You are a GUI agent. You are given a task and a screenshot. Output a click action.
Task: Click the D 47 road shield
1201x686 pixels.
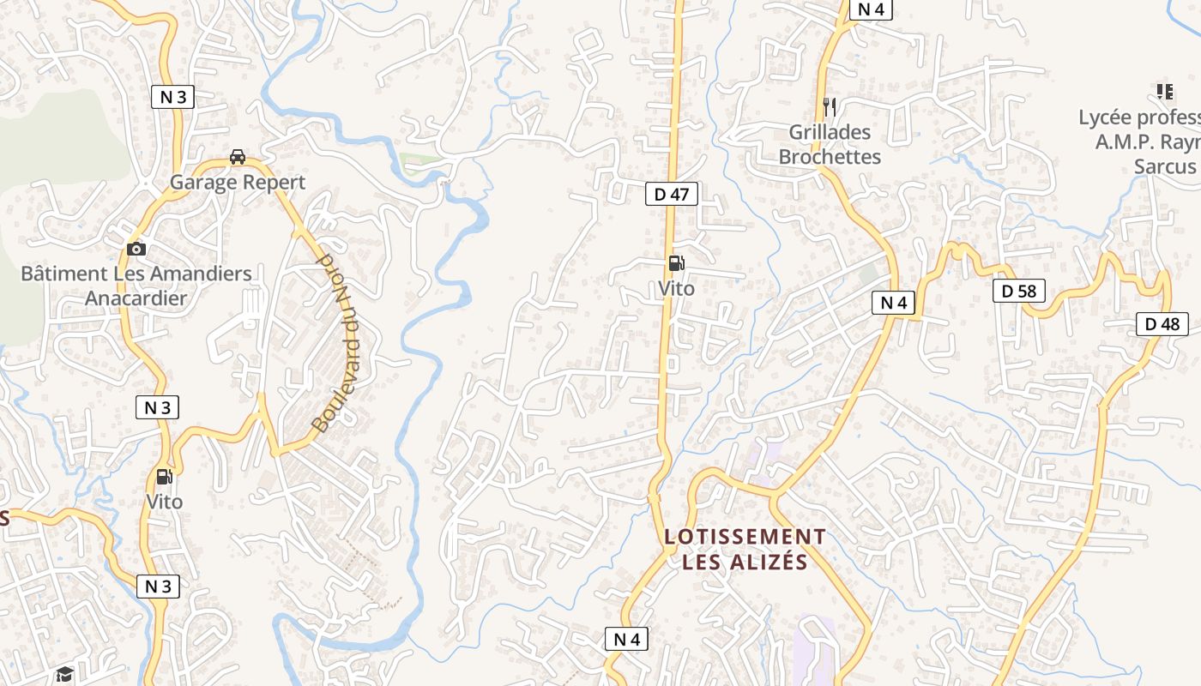point(671,195)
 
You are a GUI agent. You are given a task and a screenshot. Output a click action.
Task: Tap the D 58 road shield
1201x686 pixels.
point(1019,292)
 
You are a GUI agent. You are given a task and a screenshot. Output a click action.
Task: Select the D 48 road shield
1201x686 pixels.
point(1162,324)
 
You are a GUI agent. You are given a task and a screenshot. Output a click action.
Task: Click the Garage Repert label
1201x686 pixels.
point(238,182)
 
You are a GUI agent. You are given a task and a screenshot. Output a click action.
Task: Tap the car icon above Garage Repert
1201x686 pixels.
point(238,157)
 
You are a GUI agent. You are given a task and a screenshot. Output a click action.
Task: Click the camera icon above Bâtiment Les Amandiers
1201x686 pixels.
point(136,249)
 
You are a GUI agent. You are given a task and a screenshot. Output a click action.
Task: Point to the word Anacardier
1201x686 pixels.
point(136,298)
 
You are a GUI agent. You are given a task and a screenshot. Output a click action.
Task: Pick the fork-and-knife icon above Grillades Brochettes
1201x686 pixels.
point(829,107)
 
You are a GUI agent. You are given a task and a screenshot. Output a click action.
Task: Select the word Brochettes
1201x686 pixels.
point(830,157)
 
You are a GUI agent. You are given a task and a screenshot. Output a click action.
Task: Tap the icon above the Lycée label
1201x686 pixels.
point(1164,91)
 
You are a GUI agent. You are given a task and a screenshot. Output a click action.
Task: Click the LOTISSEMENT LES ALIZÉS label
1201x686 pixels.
point(745,549)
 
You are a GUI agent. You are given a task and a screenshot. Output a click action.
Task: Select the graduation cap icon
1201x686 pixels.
point(64,674)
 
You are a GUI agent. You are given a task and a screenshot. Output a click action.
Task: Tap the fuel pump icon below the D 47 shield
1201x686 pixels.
point(676,263)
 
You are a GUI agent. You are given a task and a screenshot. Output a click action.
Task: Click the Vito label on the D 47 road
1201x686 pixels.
point(676,288)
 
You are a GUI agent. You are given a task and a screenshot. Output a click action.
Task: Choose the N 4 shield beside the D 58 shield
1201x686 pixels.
point(893,303)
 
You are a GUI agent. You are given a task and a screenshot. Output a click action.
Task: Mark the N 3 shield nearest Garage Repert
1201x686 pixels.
point(172,97)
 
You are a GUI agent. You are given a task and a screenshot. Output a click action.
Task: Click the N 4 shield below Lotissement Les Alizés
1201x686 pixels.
point(627,639)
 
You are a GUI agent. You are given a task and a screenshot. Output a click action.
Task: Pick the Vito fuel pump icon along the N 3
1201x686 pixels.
point(163,477)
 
